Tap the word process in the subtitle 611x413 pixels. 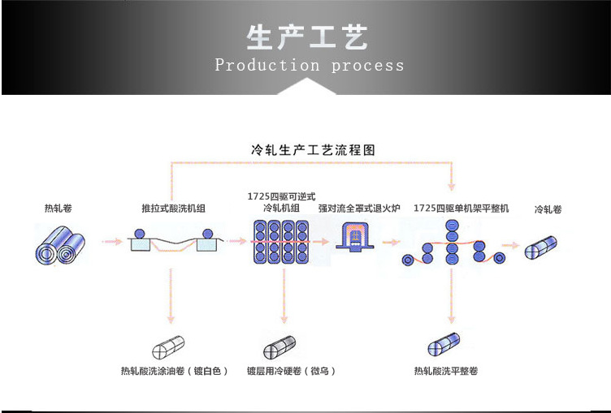(x=367, y=66)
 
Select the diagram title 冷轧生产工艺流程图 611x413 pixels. (x=312, y=150)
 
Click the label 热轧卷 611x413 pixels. (x=58, y=209)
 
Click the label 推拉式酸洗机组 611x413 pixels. (x=173, y=209)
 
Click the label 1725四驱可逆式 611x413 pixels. (x=281, y=197)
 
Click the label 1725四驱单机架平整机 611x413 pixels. (x=461, y=209)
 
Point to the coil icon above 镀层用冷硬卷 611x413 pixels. (x=280, y=346)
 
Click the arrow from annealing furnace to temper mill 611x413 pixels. (x=392, y=242)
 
